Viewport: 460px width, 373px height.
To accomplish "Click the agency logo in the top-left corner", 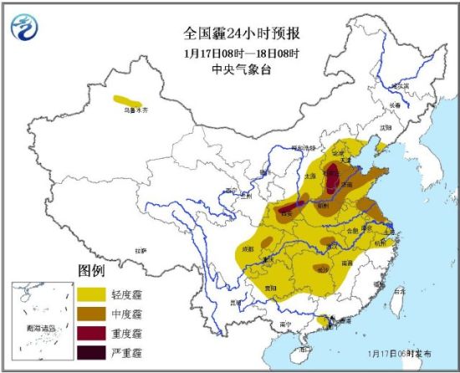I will coord(25,28).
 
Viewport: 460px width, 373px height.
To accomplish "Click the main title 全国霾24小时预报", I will coord(242,33).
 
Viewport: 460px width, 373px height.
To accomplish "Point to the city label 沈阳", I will coord(385,127).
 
